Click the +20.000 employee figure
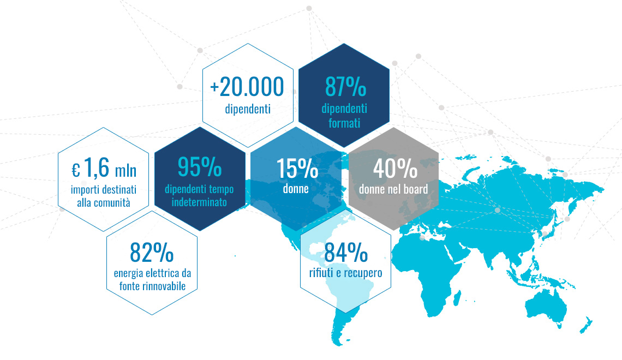[x=247, y=87]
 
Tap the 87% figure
[x=345, y=87]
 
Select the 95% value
[x=200, y=167]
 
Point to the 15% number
[x=297, y=169]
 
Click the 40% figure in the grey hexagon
[x=395, y=168]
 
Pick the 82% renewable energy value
[x=152, y=252]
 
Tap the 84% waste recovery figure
[x=346, y=252]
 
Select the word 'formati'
[x=344, y=123]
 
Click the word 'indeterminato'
[x=199, y=202]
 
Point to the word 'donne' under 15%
[x=296, y=189]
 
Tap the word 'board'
[x=416, y=189]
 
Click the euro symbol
[x=76, y=171]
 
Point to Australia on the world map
[x=546, y=304]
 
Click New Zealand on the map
[x=586, y=325]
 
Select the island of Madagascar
[x=457, y=298]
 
